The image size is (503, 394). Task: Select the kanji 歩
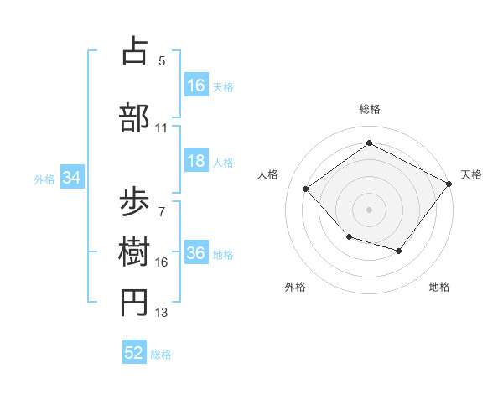click(135, 202)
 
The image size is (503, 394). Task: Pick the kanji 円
click(135, 303)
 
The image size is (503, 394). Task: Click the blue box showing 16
click(196, 86)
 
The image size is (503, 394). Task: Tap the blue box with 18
click(196, 162)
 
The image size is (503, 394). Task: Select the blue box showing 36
click(196, 254)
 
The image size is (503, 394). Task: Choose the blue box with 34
click(72, 178)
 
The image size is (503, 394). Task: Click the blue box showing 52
click(134, 353)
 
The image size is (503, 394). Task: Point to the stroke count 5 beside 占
click(162, 61)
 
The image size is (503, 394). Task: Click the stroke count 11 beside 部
click(162, 128)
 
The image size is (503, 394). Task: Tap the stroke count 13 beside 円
click(162, 313)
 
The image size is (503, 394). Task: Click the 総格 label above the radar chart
click(369, 109)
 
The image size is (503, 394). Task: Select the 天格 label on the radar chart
click(471, 174)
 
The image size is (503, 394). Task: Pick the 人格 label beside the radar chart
click(268, 174)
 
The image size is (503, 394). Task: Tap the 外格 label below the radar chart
click(295, 287)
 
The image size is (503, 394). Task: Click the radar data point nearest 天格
click(450, 184)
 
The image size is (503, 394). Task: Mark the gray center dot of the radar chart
click(369, 210)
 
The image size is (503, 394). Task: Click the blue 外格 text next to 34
click(44, 179)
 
